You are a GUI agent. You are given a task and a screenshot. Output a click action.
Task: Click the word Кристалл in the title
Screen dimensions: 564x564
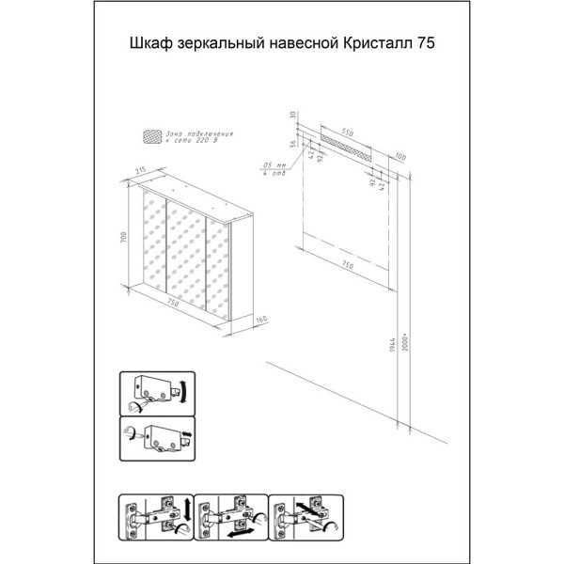tap(381, 42)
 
